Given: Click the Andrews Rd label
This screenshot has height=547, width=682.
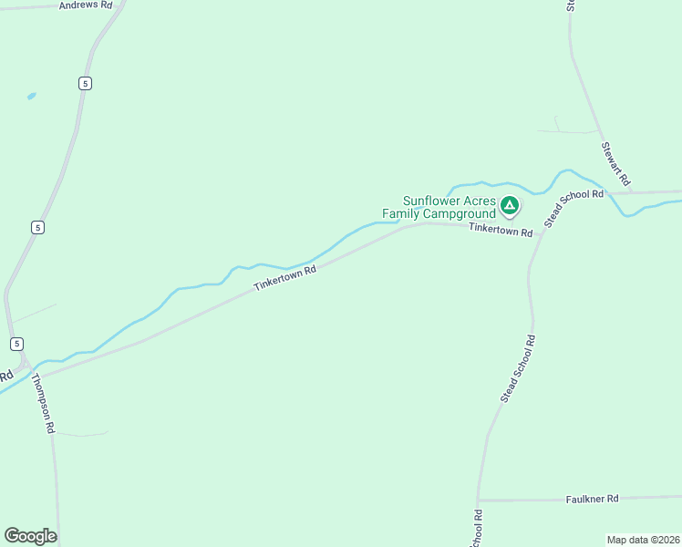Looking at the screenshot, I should tap(85, 5).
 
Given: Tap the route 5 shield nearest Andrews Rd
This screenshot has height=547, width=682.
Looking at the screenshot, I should tap(85, 83).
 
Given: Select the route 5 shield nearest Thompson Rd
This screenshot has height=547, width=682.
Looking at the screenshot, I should tap(17, 343).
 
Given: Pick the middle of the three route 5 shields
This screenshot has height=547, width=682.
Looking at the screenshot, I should tap(36, 227).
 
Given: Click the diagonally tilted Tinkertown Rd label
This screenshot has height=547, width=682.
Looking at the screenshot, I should tap(284, 278).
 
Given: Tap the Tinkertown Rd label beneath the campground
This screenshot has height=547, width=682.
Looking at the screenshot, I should tap(501, 232).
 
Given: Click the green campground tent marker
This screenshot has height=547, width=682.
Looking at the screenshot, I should tap(510, 205).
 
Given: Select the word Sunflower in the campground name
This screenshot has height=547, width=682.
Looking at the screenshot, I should tap(436, 201).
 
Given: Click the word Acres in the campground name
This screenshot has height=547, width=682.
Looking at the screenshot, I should tap(483, 201).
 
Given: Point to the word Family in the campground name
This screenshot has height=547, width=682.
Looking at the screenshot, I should tap(401, 214).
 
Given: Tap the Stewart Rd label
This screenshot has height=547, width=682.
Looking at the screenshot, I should tap(616, 163).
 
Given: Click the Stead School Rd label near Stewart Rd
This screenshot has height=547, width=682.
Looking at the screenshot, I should tap(574, 209).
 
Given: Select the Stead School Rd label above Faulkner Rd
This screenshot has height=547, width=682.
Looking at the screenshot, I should tap(518, 368).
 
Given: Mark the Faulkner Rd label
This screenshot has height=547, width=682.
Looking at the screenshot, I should tap(592, 499).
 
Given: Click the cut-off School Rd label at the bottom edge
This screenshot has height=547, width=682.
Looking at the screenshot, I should tap(477, 529).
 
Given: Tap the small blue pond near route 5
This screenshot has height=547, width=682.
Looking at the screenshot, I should tap(32, 96).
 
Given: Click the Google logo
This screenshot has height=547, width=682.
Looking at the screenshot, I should tap(30, 536).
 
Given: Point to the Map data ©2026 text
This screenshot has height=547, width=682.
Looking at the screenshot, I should tap(643, 540).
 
